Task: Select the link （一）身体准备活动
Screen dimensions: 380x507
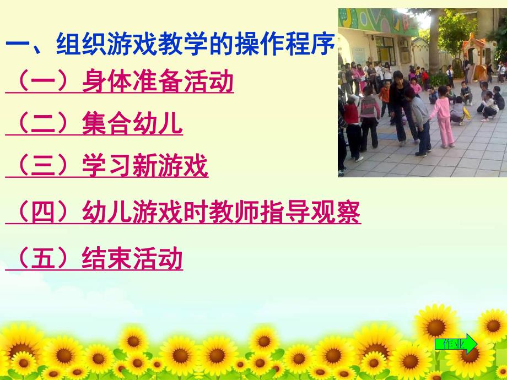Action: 120,82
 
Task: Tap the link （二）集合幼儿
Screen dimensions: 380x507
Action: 94,124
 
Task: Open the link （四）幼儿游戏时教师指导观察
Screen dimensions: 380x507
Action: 183,212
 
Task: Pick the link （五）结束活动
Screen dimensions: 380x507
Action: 94,258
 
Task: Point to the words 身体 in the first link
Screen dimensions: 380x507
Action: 107,82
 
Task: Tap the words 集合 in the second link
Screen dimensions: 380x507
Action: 107,124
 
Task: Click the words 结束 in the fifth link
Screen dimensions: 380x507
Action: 107,258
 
